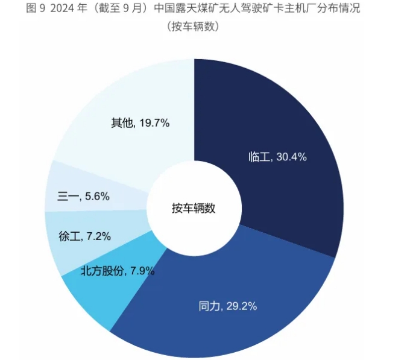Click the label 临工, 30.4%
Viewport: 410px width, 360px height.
point(278,157)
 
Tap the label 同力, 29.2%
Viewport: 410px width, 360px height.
point(228,306)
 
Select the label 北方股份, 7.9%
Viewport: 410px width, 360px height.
point(118,271)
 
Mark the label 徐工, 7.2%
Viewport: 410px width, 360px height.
point(84,236)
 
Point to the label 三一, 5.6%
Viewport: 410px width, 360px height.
point(83,196)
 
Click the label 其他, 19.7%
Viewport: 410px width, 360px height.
point(140,123)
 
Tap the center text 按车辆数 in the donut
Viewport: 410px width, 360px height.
point(194,209)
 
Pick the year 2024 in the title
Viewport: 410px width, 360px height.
point(64,8)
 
